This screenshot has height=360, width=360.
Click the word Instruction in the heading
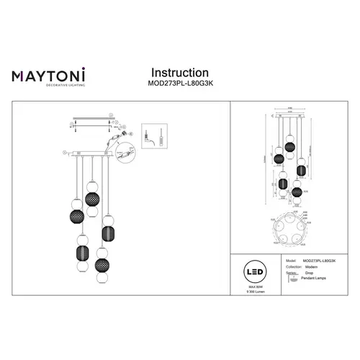[179, 73]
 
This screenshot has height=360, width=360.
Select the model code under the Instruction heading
[179, 84]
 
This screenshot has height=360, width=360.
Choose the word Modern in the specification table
[312, 266]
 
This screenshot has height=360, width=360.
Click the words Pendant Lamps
[317, 279]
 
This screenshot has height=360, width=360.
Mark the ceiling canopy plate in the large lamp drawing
[90, 153]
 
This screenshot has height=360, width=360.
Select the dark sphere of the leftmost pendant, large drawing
[75, 217]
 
